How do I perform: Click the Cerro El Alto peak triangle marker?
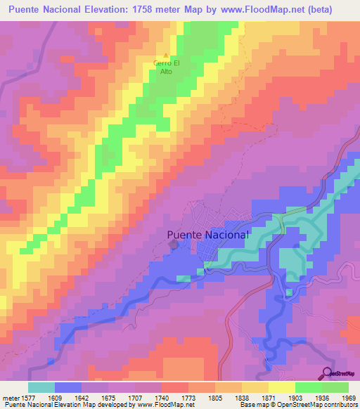pyautogui.click(x=166, y=56)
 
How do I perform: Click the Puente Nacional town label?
pyautogui.click(x=208, y=235)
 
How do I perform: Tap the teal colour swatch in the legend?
pyautogui.click(x=41, y=387)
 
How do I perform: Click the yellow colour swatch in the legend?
pyautogui.click(x=281, y=387)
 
